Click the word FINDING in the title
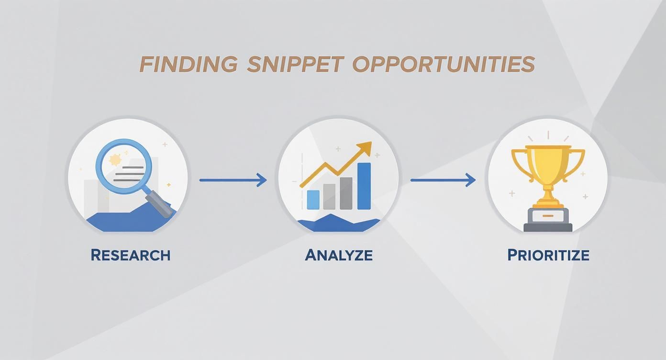point(188,64)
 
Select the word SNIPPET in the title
point(295,64)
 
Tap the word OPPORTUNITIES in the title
point(444,64)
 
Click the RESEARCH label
point(130,255)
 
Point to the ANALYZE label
point(339,255)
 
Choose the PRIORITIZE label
point(548,255)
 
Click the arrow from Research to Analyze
point(233,180)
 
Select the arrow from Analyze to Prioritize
point(443,180)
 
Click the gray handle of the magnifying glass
point(162,204)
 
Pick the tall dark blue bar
point(364,186)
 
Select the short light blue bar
point(313,200)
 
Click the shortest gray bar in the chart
point(329,197)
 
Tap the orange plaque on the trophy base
point(548,216)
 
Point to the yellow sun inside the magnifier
point(115,160)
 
